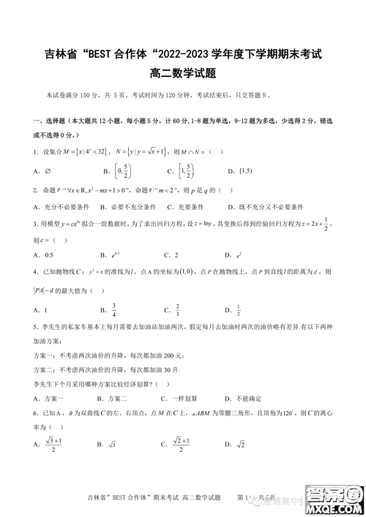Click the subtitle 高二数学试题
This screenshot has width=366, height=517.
pos(182,73)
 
